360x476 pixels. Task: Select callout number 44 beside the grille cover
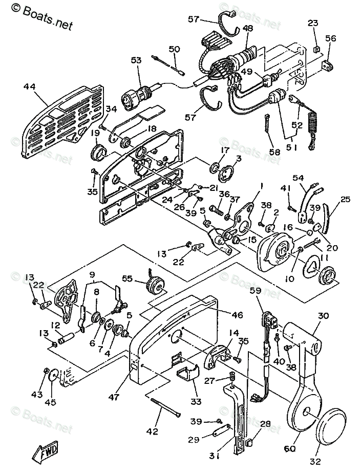click(x=30, y=88)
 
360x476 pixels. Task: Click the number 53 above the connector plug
click(x=136, y=60)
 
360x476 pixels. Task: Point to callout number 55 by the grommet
click(x=127, y=278)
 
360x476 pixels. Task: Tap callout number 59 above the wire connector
click(x=255, y=291)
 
